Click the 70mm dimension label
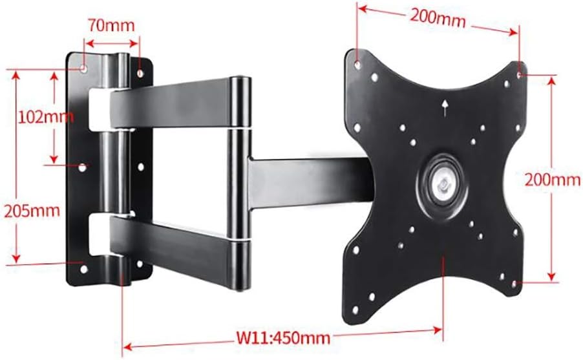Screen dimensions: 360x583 click(112, 26)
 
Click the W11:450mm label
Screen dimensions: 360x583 click(282, 337)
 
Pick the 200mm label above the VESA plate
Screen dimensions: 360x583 click(438, 18)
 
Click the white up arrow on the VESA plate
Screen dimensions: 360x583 click(445, 107)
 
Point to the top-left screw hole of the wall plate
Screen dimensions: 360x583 click(84, 67)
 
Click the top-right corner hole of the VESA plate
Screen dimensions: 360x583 click(521, 74)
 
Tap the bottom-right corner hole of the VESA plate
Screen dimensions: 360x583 click(513, 283)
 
